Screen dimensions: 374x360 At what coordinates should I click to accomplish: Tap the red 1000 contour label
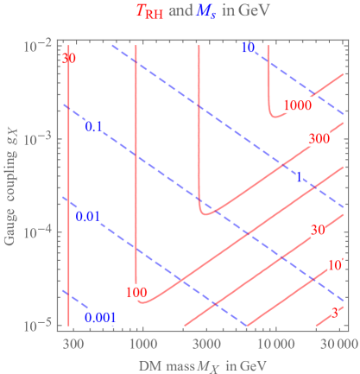pyautogui.click(x=296, y=105)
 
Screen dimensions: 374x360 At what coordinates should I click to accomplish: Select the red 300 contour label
pyautogui.click(x=319, y=139)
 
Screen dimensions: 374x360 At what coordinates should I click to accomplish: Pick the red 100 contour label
pyautogui.click(x=136, y=292)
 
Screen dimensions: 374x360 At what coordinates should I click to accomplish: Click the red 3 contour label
pyautogui.click(x=334, y=315)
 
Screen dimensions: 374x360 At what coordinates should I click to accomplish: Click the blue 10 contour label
pyautogui.click(x=247, y=48)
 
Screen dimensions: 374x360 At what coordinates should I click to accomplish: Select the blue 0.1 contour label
pyautogui.click(x=93, y=127)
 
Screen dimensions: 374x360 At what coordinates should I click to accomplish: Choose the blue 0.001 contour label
pyautogui.click(x=100, y=317)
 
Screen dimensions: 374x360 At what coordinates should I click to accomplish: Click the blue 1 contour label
pyautogui.click(x=299, y=176)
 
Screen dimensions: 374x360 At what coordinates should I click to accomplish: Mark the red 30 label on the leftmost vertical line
pyautogui.click(x=69, y=59)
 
